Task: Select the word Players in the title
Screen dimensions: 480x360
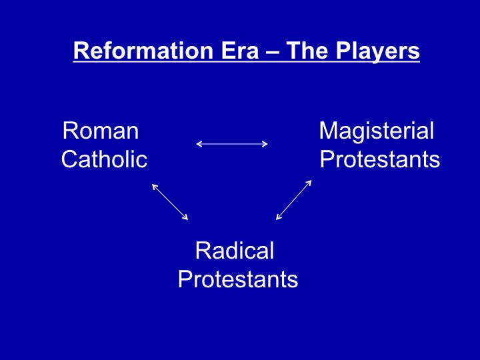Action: (x=378, y=51)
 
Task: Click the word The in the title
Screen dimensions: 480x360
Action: (x=307, y=50)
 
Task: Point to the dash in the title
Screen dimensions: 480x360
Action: (x=273, y=52)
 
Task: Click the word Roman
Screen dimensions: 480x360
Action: (x=101, y=131)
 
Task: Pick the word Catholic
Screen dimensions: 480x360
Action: (x=105, y=159)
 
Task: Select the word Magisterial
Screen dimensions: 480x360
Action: (x=377, y=131)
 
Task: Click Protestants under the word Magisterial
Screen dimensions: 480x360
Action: (x=380, y=159)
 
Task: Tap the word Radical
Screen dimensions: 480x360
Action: (x=235, y=251)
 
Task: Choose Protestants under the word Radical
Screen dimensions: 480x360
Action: (x=238, y=279)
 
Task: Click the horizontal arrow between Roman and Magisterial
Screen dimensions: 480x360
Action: (x=232, y=144)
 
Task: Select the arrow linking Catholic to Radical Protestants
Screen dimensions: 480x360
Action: (x=170, y=202)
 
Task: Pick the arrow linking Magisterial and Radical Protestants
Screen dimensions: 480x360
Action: (x=293, y=200)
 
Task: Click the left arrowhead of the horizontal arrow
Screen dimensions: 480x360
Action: (x=199, y=144)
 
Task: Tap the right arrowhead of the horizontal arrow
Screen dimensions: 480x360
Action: (x=265, y=144)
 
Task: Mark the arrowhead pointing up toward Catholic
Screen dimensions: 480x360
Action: (x=155, y=187)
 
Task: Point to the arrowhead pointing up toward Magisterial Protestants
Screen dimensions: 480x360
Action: (x=309, y=183)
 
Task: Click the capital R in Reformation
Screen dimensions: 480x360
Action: (x=81, y=51)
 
